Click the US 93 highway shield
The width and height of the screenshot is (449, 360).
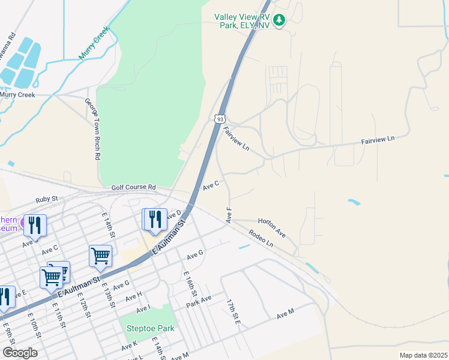[x=220, y=119]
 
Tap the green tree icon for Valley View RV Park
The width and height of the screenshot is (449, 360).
[x=279, y=21]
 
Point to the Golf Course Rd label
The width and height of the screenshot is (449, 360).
[x=133, y=188]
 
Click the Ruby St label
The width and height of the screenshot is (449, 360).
[x=46, y=199]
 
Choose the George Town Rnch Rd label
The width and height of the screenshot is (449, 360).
[x=91, y=129]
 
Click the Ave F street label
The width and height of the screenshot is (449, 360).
[x=229, y=215]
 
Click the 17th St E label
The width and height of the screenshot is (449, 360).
[x=234, y=313]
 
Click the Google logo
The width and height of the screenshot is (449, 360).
[x=20, y=353]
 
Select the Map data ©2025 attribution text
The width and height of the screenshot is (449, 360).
[x=423, y=355]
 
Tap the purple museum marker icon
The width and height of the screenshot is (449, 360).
[x=24, y=224]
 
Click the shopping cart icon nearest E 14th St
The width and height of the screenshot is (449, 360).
[x=100, y=256]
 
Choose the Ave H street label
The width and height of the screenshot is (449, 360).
[x=134, y=296]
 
